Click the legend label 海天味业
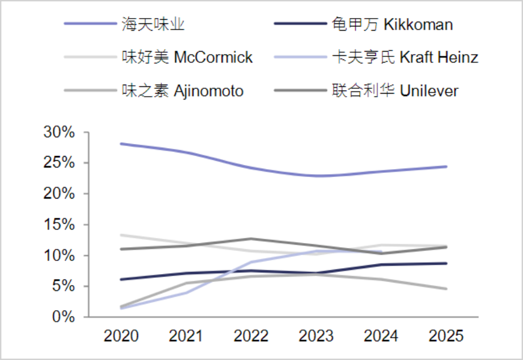click(x=153, y=25)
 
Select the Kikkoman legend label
click(x=392, y=25)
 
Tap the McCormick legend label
click(x=187, y=57)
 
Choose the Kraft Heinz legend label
click(x=405, y=57)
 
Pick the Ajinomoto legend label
click(x=183, y=91)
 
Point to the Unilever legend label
click(x=395, y=91)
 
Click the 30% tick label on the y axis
click(x=59, y=132)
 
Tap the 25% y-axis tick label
click(x=59, y=163)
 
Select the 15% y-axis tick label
click(x=59, y=224)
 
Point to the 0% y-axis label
click(x=64, y=316)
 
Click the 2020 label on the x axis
click(x=121, y=335)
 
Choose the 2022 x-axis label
click(x=251, y=335)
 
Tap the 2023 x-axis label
click(x=316, y=335)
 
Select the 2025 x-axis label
click(x=446, y=335)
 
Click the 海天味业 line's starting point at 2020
click(x=121, y=144)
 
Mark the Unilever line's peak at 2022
click(x=251, y=239)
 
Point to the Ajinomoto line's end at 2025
click(x=446, y=289)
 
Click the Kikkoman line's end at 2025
click(x=446, y=263)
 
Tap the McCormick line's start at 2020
click(x=121, y=235)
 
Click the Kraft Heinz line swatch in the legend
click(x=300, y=57)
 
